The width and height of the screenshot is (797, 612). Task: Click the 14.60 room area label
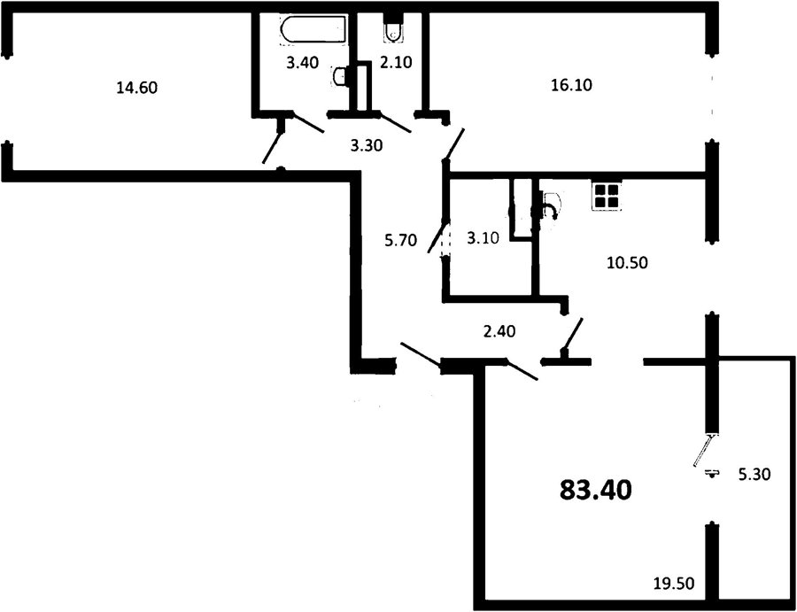point(137,88)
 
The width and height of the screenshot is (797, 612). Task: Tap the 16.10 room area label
point(572,85)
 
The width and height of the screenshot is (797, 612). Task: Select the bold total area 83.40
point(596,490)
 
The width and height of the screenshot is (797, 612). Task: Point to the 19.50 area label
point(674,583)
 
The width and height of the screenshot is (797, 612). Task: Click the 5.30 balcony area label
point(754,475)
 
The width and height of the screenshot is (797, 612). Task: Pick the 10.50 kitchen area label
point(627,263)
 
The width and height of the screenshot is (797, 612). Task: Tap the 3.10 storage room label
point(484,236)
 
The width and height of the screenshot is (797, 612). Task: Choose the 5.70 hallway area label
point(401,240)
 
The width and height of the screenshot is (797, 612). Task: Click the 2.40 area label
point(499,331)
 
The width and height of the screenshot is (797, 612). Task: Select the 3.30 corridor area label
point(367,146)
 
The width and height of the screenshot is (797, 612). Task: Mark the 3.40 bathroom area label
point(303,63)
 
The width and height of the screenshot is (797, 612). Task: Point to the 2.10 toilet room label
point(396,63)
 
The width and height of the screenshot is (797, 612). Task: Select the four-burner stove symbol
point(607,196)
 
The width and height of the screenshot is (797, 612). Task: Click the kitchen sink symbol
point(550,206)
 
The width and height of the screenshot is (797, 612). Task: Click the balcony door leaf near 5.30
point(706,450)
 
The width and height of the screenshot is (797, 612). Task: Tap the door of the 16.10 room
point(454,145)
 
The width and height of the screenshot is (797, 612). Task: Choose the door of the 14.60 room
point(273,142)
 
